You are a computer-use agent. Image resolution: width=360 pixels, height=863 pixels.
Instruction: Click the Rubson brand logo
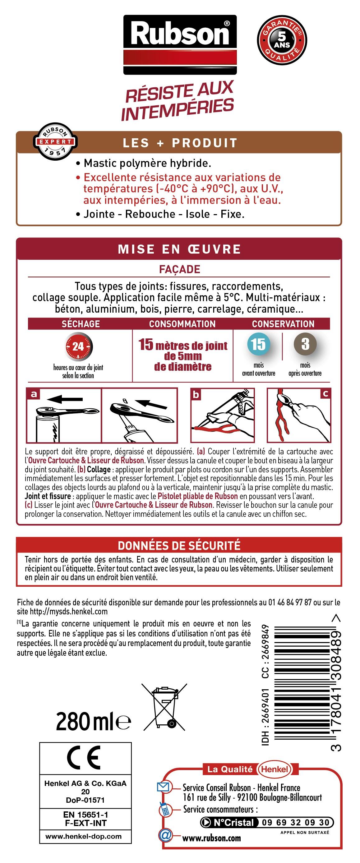[x=180, y=44]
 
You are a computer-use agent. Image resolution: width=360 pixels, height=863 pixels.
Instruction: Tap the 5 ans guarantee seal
[x=282, y=40]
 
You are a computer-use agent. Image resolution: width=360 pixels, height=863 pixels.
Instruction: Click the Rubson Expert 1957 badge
[x=55, y=141]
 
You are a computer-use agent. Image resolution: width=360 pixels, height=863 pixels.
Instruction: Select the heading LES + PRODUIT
[x=180, y=143]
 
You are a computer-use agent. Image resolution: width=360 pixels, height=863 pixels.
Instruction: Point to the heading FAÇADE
[x=180, y=269]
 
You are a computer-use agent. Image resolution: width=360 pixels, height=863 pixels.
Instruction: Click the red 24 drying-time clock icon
[x=78, y=346]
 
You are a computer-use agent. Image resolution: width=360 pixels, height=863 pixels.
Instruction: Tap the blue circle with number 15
[x=258, y=344]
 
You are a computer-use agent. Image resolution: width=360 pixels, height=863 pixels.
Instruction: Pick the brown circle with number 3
[x=305, y=344]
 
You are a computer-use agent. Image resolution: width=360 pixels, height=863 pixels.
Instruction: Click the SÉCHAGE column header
[x=81, y=324]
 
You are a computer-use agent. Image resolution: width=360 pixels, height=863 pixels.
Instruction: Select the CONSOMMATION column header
[x=182, y=324]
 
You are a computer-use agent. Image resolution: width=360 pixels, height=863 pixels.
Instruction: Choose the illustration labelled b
[x=223, y=415]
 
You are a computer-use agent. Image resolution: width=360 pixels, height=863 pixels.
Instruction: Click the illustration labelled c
[x=299, y=415]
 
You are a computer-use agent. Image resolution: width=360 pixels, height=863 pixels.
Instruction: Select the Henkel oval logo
[x=275, y=769]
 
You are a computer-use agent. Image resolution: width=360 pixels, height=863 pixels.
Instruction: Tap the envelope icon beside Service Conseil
[x=164, y=787]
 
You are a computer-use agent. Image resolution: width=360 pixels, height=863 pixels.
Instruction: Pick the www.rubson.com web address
[x=211, y=838]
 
